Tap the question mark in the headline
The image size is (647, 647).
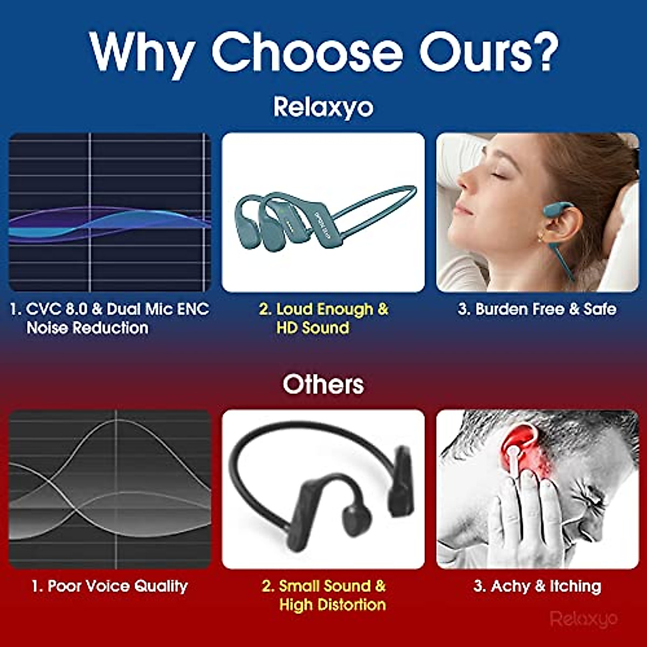pyautogui.click(x=541, y=50)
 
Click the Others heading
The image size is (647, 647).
pyautogui.click(x=323, y=384)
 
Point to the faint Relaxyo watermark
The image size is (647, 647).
pyautogui.click(x=584, y=618)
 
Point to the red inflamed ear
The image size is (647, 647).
pyautogui.click(x=519, y=446)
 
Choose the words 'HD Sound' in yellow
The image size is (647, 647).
pyautogui.click(x=313, y=328)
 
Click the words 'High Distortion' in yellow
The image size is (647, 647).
pyautogui.click(x=333, y=605)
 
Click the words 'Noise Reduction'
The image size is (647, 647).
pyautogui.click(x=87, y=328)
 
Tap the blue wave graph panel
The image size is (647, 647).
pyautogui.click(x=110, y=212)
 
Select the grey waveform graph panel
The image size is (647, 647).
pyautogui.click(x=110, y=489)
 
